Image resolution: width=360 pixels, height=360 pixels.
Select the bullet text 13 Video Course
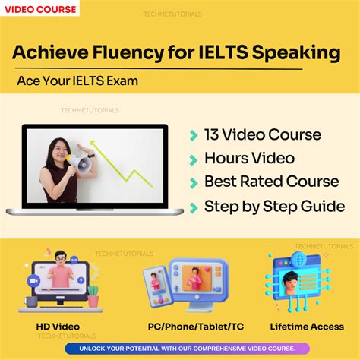(x=262, y=135)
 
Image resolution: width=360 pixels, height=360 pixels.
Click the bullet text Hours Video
(x=249, y=159)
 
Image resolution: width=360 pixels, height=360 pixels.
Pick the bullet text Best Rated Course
(x=271, y=182)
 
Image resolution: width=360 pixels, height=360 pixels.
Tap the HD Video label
(x=58, y=327)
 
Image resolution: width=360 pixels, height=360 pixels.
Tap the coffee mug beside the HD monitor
(x=31, y=302)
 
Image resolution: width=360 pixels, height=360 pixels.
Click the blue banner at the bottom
(x=180, y=349)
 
